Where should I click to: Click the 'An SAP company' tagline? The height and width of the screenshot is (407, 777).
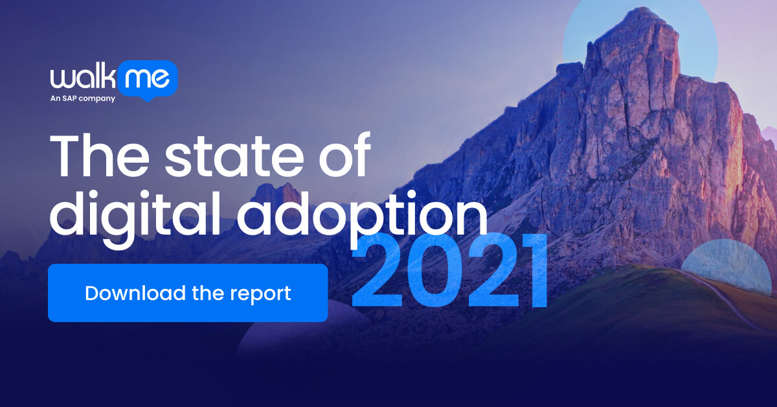coord(83,99)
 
